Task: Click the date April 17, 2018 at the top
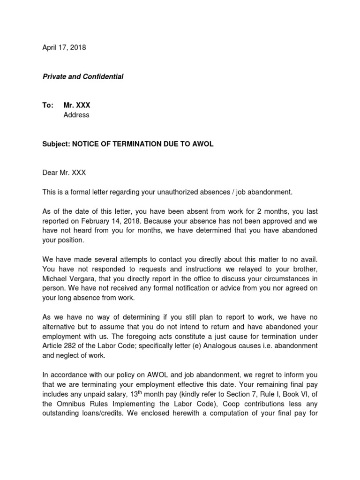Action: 64,47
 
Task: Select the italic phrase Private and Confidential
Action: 83,76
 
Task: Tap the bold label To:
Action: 48,105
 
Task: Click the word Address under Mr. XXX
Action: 76,115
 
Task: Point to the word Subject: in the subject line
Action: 56,144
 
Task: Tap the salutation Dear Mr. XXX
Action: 64,172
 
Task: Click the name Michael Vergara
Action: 69,278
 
